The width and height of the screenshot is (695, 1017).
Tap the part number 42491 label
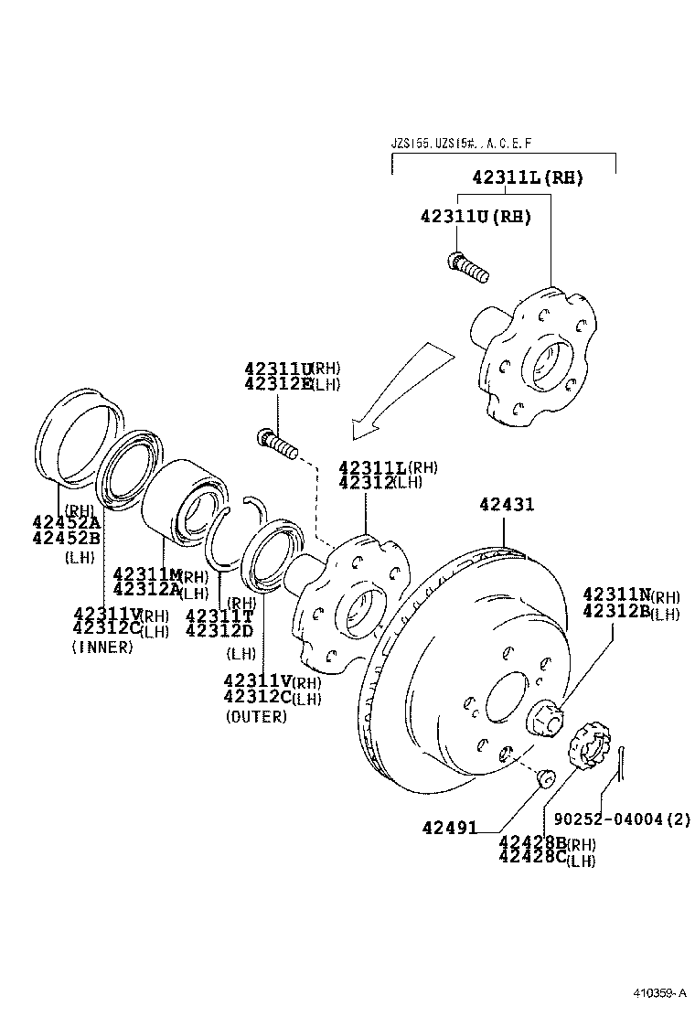[x=450, y=828]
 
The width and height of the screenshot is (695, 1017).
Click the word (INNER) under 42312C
[x=102, y=647]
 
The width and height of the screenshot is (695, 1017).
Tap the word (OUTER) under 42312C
[x=256, y=716]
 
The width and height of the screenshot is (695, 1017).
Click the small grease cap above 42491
[x=546, y=776]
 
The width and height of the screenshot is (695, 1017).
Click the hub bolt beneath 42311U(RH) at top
[x=468, y=267]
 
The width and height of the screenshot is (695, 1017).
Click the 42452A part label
[x=67, y=522]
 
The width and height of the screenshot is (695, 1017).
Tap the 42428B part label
[x=533, y=842]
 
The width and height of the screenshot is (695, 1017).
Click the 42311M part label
[x=146, y=573]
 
